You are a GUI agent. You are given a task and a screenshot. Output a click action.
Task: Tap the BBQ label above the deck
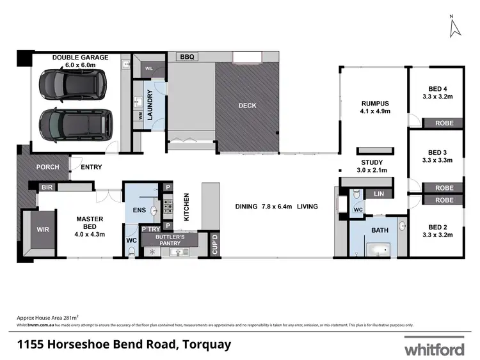pyautogui.click(x=187, y=57)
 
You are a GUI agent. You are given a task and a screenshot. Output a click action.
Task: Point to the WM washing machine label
pyautogui.click(x=140, y=116)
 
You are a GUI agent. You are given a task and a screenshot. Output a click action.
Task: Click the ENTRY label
pyautogui.click(x=91, y=168)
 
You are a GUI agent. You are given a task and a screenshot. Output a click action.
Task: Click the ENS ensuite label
pyautogui.click(x=140, y=209)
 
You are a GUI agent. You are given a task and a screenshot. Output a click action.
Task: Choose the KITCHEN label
pyautogui.click(x=187, y=207)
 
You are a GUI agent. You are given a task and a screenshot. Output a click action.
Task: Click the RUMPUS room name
pyautogui.click(x=375, y=103)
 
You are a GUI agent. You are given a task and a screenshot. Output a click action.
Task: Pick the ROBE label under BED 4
pyautogui.click(x=444, y=123)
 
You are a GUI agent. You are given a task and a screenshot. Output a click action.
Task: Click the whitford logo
pyautogui.click(x=435, y=348)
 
